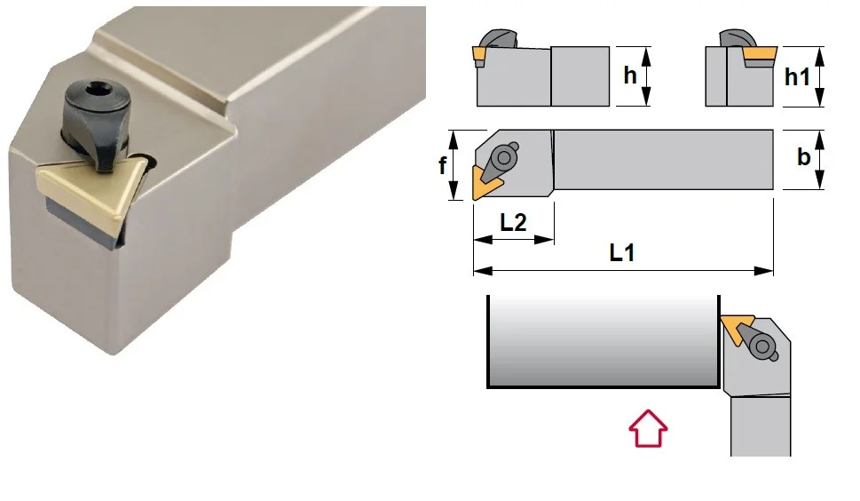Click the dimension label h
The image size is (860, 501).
tap(630, 76)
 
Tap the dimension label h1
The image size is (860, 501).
tap(797, 76)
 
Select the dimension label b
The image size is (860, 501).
tap(803, 157)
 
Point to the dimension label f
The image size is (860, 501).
tap(442, 165)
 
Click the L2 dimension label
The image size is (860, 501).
tap(513, 222)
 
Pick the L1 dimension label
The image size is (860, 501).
tap(622, 253)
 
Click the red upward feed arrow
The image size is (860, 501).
tap(648, 428)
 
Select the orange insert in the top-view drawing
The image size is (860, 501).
tap(483, 184)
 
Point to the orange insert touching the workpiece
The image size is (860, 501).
tap(736, 328)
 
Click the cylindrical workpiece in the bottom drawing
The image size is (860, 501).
tap(604, 341)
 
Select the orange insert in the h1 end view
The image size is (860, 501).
tap(760, 54)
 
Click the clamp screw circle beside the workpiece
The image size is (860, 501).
tap(762, 346)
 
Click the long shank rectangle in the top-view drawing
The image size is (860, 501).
tap(663, 160)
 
